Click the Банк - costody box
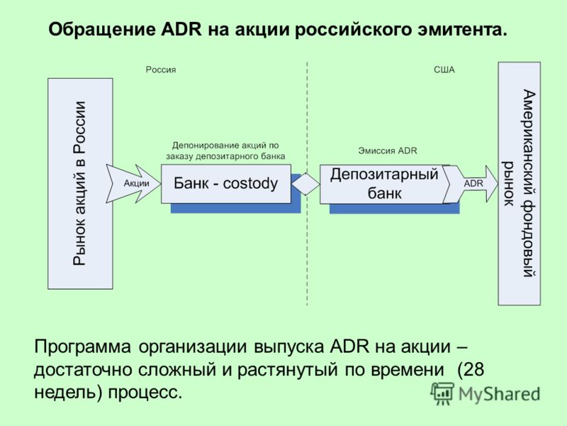pos(226,184)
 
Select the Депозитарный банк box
pos(384,185)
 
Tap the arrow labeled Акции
pos(133,184)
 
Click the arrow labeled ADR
pos(471,184)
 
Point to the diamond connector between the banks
pos(305,184)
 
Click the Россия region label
pos(161,70)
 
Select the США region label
pos(444,70)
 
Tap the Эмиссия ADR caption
pos(387,151)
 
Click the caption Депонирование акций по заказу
pos(225,151)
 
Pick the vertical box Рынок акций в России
pos(80,184)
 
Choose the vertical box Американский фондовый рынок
pos(520,184)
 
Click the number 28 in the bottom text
pos(473,370)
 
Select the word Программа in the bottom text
pos(82,347)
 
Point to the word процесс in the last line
pos(145,393)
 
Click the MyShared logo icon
pos(442,393)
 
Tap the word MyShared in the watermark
pos(500,394)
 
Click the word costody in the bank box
pos(251,184)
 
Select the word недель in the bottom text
pos(63,393)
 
